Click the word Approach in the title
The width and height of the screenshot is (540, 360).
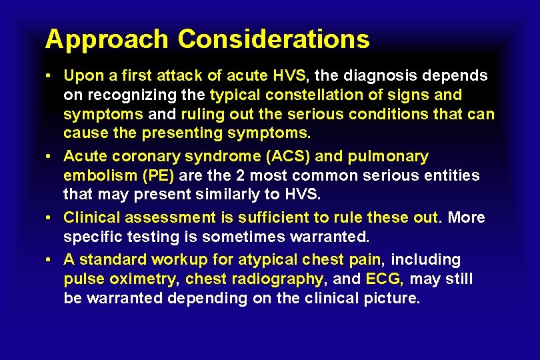coord(107,39)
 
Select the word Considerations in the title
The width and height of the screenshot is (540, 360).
coord(273,39)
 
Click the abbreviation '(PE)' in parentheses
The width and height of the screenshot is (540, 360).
coord(159,176)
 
